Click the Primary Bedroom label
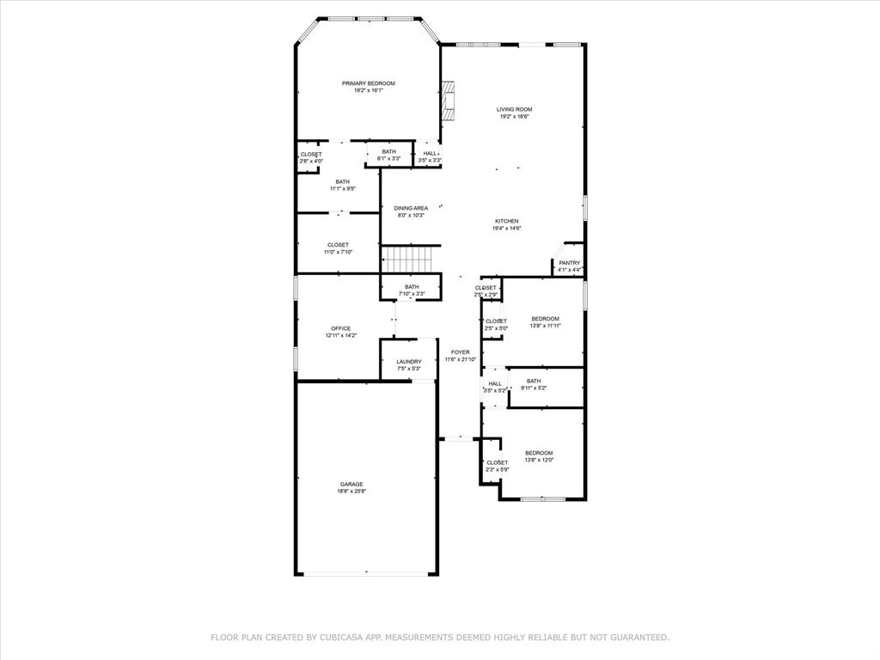point(368,83)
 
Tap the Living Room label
point(514,109)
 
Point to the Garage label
point(351,484)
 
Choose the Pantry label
point(569,263)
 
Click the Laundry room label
point(409,362)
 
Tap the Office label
point(340,328)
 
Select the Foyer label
point(461,352)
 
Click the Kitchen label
point(506,221)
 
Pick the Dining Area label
point(411,208)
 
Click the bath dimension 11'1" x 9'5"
point(342,189)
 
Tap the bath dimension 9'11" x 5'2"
point(534,388)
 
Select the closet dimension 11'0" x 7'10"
point(338,253)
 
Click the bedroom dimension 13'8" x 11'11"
point(545,326)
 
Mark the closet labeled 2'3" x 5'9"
point(497,466)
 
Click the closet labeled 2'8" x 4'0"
point(310,157)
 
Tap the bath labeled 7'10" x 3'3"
point(412,290)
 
